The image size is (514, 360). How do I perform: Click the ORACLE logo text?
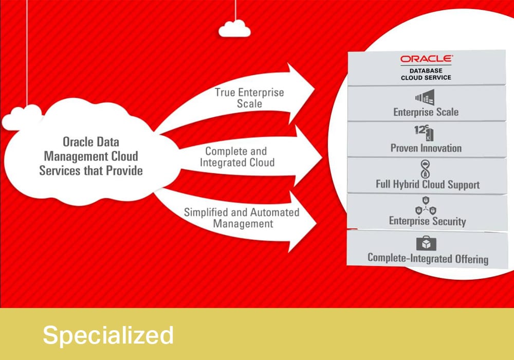426,59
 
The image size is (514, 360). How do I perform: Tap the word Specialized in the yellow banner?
108,335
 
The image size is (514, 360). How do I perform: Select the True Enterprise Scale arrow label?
249,98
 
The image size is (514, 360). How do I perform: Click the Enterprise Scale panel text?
426,112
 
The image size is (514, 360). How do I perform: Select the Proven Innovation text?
426,148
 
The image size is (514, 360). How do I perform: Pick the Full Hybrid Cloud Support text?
428,184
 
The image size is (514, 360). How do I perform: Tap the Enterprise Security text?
427,221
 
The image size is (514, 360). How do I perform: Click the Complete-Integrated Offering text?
428,258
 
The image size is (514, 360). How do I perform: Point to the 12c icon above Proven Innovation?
424,133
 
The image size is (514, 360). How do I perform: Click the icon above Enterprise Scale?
425,97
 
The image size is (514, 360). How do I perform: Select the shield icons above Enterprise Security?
426,206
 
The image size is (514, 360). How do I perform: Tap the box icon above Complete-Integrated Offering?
426,243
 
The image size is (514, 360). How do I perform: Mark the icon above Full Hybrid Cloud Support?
426,169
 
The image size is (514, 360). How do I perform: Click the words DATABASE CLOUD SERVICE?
426,74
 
